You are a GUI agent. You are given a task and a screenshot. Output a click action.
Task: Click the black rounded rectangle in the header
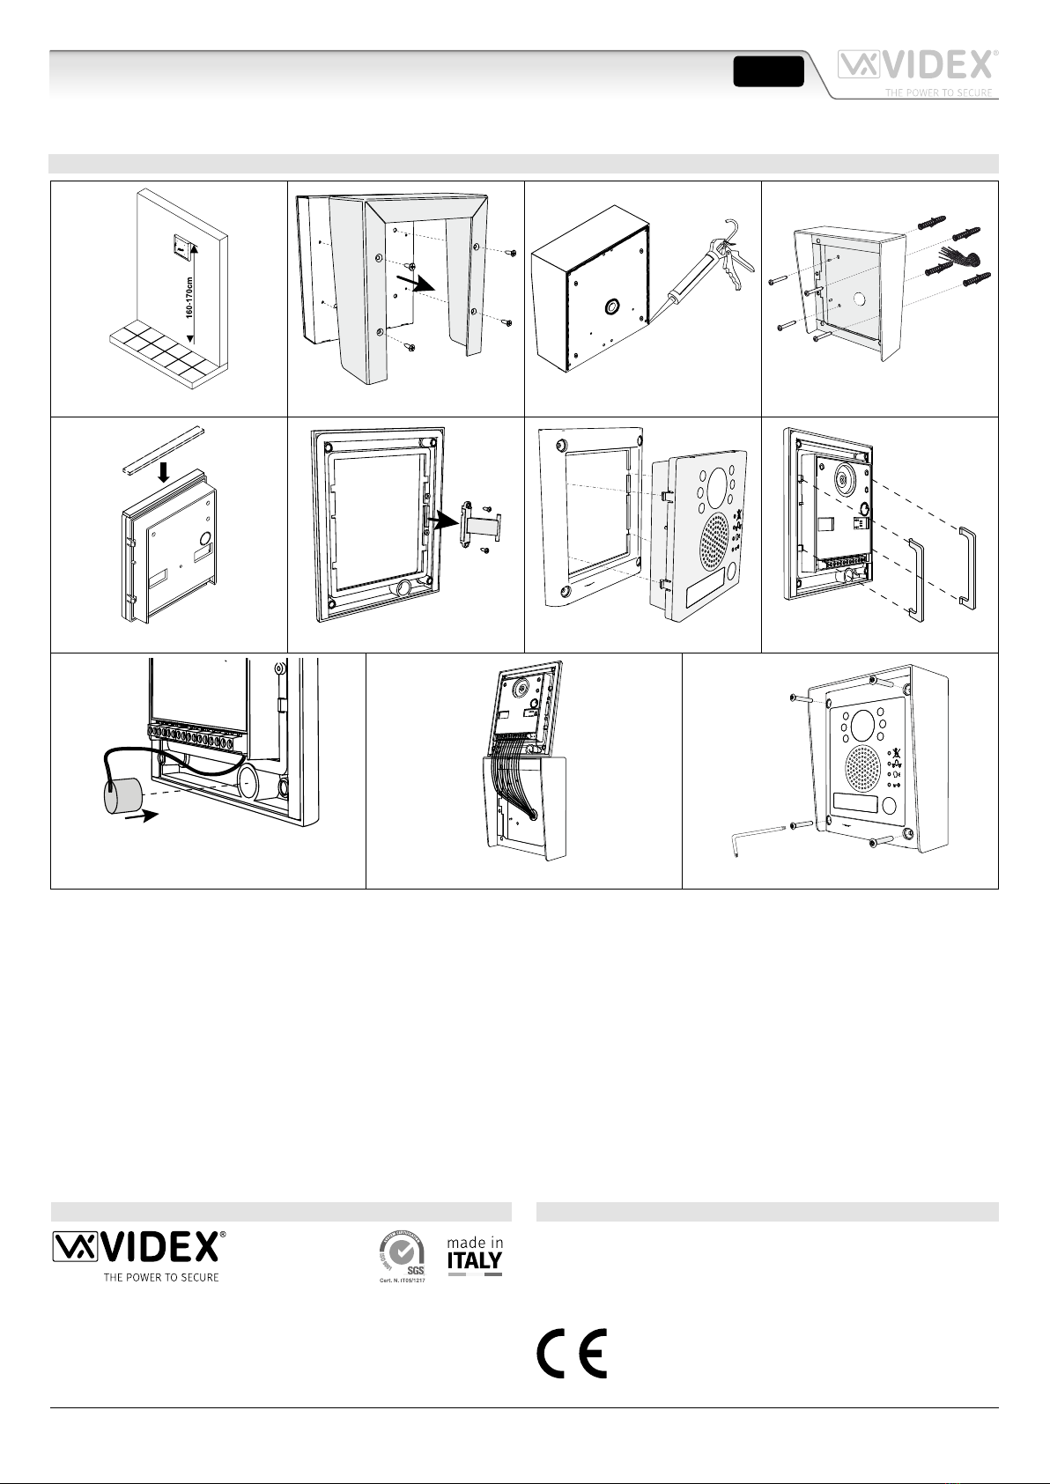point(768,71)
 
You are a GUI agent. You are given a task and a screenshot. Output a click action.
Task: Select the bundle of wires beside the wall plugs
point(967,257)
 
